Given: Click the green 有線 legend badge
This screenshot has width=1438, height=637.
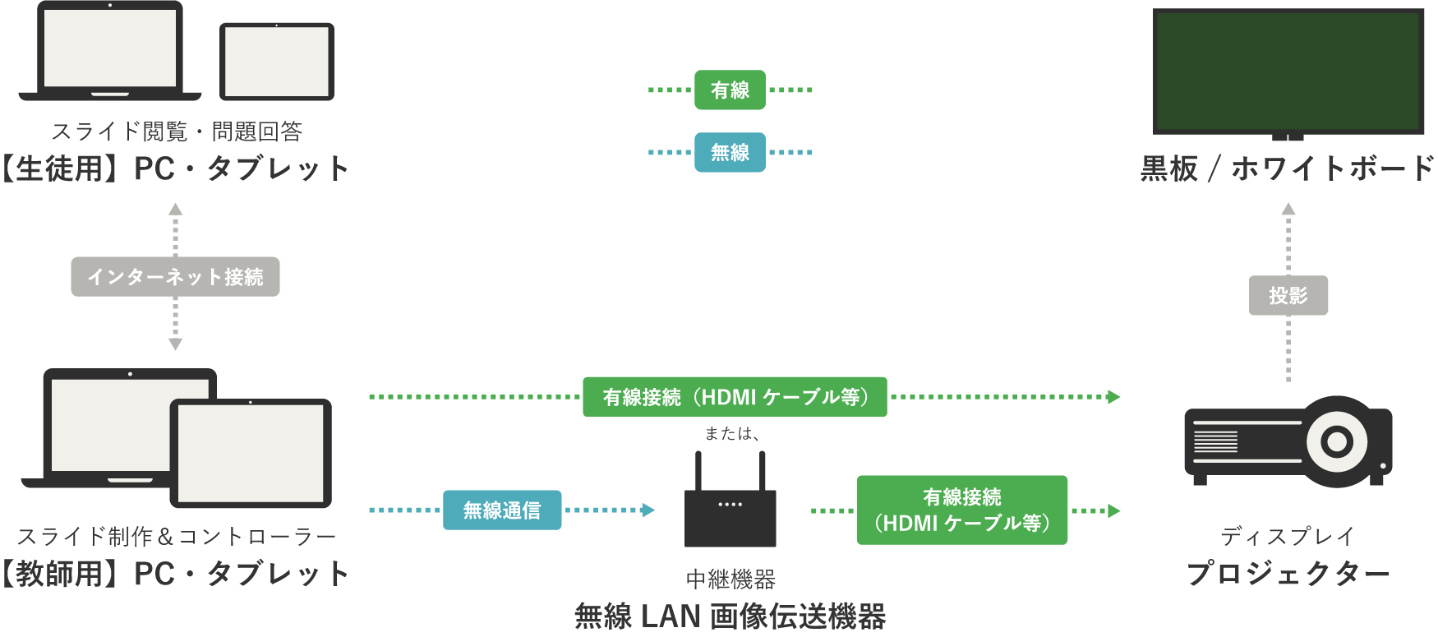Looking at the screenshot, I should click(730, 90).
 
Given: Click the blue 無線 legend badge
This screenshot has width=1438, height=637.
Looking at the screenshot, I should click(730, 152).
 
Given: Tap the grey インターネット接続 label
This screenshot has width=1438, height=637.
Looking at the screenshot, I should click(175, 277).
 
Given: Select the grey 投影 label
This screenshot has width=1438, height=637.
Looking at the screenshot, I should click(1288, 295).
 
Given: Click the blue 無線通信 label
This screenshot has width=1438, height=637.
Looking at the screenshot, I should click(502, 510).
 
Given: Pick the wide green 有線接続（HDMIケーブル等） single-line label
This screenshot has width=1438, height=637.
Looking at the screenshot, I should click(735, 397).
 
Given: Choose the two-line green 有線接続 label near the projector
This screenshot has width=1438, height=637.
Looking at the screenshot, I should click(962, 510).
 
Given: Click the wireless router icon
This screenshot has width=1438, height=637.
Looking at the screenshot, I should click(730, 514).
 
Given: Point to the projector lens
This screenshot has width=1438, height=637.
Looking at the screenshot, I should click(1336, 442).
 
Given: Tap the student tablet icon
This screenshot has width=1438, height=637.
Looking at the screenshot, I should click(277, 62).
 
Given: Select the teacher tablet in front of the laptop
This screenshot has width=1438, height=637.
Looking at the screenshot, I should click(251, 452).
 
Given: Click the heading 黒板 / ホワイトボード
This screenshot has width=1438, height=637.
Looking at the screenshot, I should click(1288, 168).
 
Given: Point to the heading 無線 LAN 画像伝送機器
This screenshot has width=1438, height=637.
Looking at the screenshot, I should click(730, 616).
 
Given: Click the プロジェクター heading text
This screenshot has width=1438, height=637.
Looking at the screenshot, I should click(1288, 574).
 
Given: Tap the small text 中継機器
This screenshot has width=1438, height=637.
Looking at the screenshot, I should click(730, 579).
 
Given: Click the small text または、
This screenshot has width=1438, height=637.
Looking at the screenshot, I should click(731, 434).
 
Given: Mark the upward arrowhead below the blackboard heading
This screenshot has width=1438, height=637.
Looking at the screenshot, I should click(1288, 210).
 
